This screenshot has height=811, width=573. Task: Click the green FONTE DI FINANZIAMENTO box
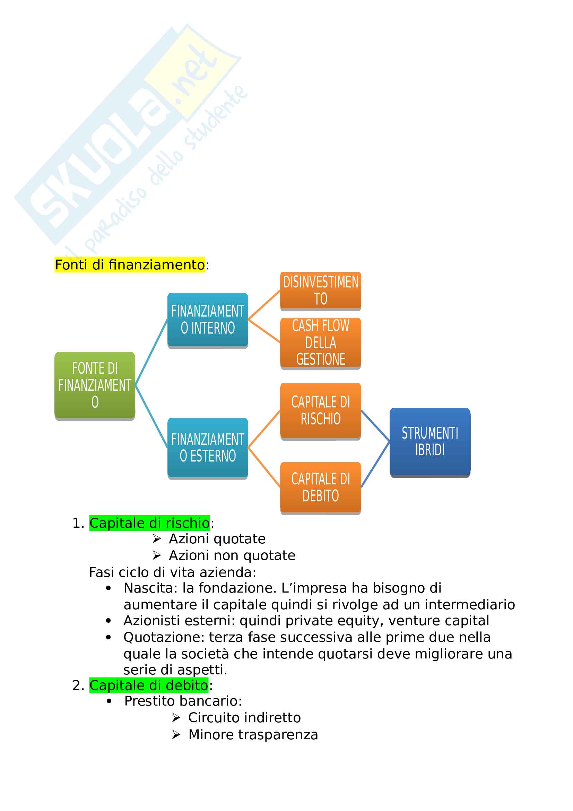click(x=95, y=385)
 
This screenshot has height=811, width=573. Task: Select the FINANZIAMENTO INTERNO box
click(x=208, y=320)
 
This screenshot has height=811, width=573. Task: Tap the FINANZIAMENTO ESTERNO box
click(x=208, y=448)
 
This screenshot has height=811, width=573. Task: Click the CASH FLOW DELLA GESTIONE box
click(x=320, y=342)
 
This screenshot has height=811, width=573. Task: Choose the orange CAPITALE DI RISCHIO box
click(x=320, y=411)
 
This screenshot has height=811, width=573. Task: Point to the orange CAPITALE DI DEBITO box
click(x=320, y=488)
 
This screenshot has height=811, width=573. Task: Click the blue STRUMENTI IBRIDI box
click(x=429, y=441)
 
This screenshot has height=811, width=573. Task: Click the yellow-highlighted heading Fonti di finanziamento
click(x=130, y=265)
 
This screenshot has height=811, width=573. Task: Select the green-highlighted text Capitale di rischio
click(x=149, y=523)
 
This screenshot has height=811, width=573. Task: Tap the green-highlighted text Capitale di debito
click(x=149, y=685)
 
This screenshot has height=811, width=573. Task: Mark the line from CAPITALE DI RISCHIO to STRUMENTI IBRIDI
click(x=375, y=425)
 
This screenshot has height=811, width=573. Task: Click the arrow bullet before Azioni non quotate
click(x=157, y=555)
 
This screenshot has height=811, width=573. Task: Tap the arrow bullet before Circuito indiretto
click(x=176, y=718)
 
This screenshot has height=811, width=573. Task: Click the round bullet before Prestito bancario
click(x=109, y=701)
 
